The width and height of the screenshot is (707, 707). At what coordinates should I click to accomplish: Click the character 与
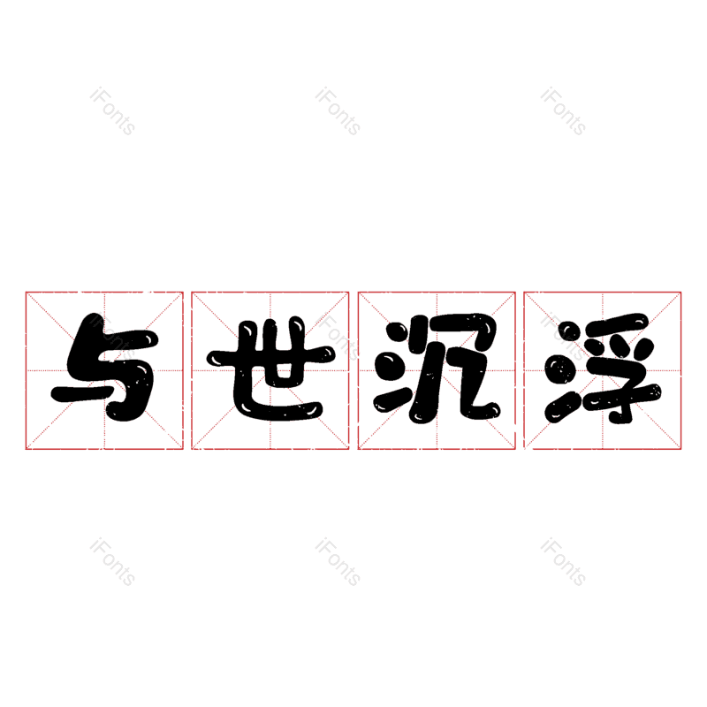(x=104, y=369)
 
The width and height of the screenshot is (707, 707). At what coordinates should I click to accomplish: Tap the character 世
(x=270, y=369)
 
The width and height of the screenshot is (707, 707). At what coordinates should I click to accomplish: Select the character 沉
(x=437, y=369)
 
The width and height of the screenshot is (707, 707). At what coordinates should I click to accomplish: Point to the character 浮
(x=603, y=369)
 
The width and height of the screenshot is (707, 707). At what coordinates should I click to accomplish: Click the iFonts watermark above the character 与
(x=112, y=111)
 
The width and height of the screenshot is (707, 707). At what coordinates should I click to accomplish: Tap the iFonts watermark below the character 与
(x=112, y=562)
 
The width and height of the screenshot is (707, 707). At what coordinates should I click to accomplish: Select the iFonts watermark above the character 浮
(x=563, y=111)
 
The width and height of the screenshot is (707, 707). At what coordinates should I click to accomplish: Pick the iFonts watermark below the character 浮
(x=563, y=562)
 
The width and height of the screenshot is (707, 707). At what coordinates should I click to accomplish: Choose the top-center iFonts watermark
(x=338, y=111)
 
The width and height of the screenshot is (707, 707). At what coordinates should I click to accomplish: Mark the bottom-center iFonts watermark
(x=338, y=562)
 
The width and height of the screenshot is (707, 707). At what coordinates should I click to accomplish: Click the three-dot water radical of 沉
(x=391, y=369)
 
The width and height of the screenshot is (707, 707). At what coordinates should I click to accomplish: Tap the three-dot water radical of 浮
(x=559, y=369)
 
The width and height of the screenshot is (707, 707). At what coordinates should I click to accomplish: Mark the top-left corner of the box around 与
(x=26, y=292)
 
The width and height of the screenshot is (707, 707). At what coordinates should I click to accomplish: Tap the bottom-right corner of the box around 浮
(x=681, y=449)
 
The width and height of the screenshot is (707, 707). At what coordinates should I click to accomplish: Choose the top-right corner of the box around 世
(x=349, y=292)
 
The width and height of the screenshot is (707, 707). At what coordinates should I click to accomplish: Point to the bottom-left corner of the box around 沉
(x=358, y=449)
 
